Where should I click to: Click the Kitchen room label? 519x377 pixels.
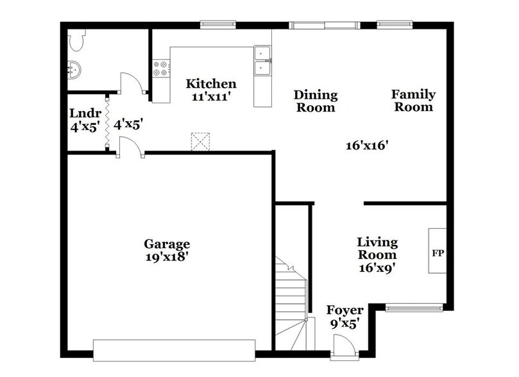coord(211,84)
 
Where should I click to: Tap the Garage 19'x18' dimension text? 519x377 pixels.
coord(166,256)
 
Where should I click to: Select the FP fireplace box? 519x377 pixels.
coord(438,251)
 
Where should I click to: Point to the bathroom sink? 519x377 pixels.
coord(75,69)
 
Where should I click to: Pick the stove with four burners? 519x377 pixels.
coord(160,69)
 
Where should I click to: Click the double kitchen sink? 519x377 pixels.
coord(262,61)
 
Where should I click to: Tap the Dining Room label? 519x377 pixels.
coord(315,101)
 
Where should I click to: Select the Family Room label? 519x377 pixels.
coord(414,101)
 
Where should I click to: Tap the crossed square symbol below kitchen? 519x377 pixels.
coord(201,141)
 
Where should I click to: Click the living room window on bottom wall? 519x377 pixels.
coord(414,308)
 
